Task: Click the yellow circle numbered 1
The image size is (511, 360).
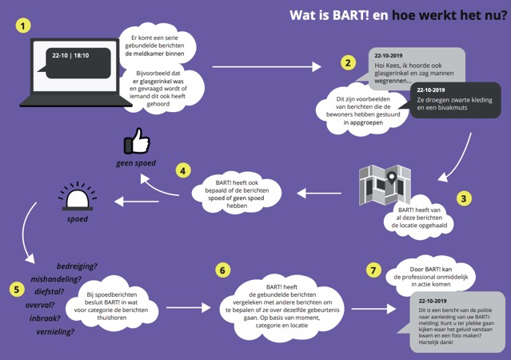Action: [x=26, y=26]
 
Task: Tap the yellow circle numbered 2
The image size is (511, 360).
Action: [x=347, y=62]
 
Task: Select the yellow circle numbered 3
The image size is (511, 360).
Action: [x=464, y=198]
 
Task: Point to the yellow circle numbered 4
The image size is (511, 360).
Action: [x=184, y=170]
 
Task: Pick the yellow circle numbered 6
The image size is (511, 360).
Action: [x=224, y=270]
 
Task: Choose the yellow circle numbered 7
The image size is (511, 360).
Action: [x=373, y=270]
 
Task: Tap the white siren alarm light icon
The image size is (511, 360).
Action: [x=77, y=195]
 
